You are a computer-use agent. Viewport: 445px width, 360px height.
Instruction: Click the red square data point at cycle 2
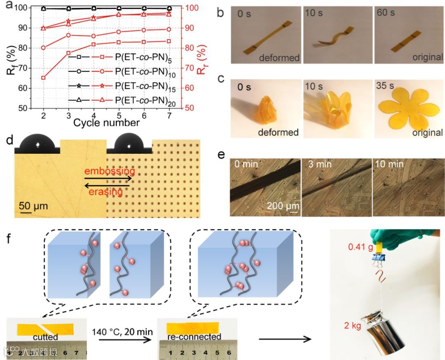click(43, 78)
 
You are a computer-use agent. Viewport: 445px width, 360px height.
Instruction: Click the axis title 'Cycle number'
click(106, 122)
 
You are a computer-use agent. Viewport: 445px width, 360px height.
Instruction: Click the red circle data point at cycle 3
click(68, 35)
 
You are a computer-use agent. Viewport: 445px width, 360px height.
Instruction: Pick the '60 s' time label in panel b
click(386, 13)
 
